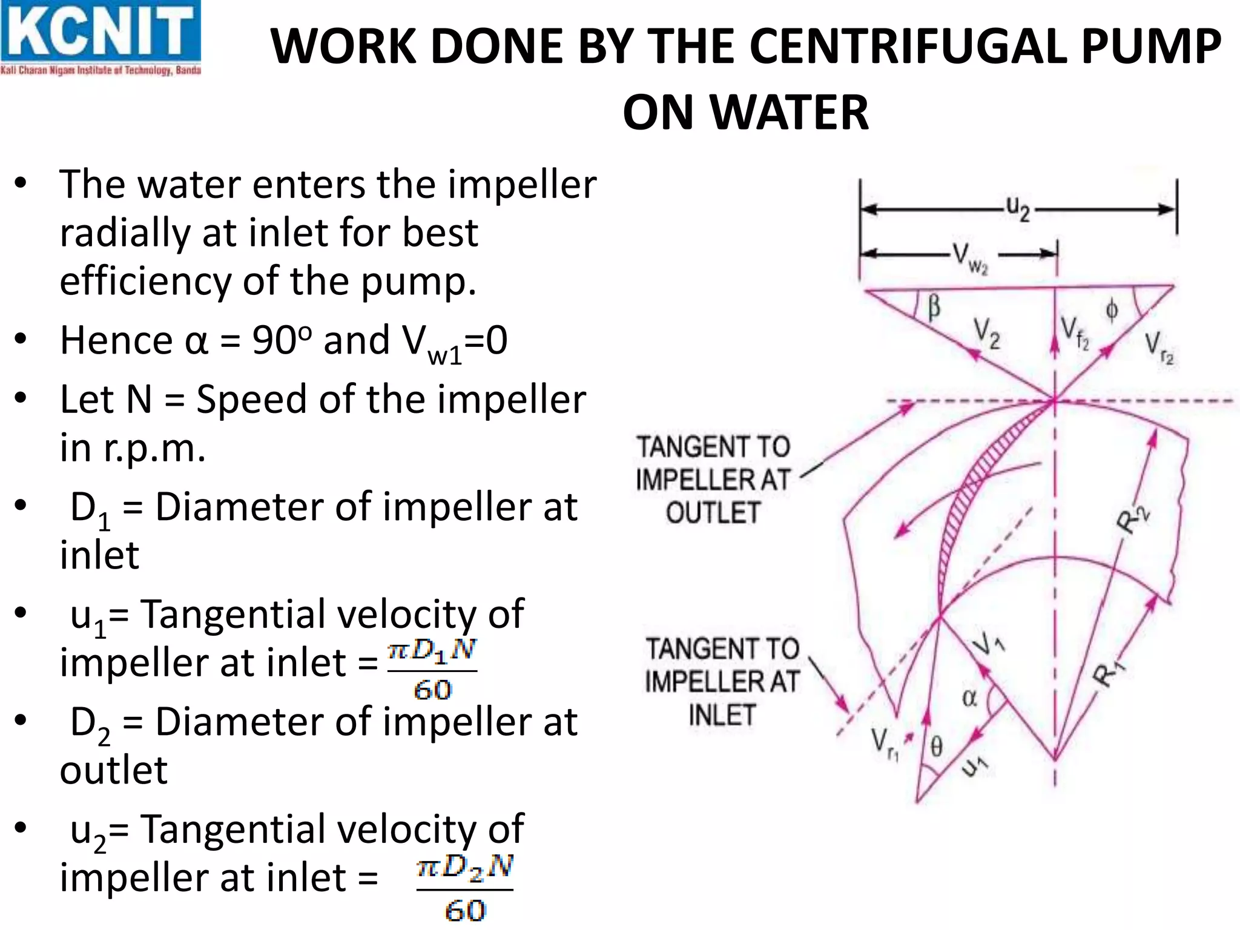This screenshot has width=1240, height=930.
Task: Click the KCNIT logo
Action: tap(101, 38)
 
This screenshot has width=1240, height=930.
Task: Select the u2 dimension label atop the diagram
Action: tap(1018, 209)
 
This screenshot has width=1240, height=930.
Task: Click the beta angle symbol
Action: tap(934, 306)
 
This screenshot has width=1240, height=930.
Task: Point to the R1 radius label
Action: tap(1110, 672)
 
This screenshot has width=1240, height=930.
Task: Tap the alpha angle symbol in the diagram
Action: tap(969, 698)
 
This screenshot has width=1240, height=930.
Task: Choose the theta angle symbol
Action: tap(936, 747)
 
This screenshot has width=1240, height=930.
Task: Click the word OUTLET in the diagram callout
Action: tap(713, 513)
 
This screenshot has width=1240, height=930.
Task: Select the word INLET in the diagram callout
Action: tap(722, 715)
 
